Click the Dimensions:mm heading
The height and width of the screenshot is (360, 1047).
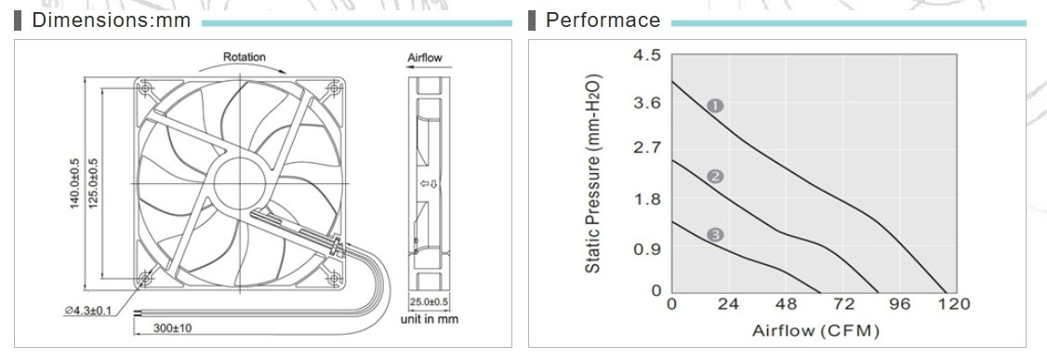click(111, 20)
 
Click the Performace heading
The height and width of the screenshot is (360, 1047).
click(603, 20)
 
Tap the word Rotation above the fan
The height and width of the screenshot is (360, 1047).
click(244, 58)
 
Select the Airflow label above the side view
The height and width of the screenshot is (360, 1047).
click(425, 58)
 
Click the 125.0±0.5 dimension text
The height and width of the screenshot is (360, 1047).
click(94, 182)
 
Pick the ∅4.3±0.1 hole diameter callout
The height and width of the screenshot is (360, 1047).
click(89, 312)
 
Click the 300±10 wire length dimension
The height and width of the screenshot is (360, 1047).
click(173, 328)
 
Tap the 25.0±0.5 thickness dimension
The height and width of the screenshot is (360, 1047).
click(429, 302)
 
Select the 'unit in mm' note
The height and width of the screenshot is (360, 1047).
click(430, 319)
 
